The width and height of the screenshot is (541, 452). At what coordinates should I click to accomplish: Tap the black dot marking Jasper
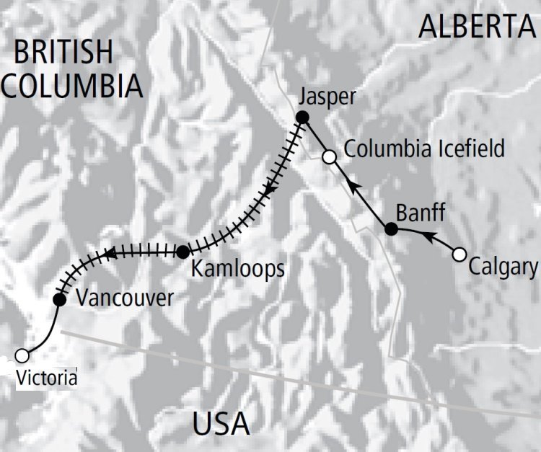(x=303, y=118)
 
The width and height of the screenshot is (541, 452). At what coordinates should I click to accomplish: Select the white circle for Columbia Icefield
(x=330, y=156)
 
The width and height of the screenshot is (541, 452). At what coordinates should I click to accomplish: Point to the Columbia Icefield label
(x=423, y=150)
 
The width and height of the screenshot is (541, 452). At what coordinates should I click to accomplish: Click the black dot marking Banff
(x=391, y=229)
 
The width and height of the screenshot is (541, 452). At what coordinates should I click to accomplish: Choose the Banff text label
(x=421, y=213)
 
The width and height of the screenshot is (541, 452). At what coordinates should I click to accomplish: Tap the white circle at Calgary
(x=459, y=254)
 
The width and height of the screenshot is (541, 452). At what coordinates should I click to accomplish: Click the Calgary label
(x=503, y=267)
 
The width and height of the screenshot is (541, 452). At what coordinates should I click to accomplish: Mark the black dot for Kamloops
(x=183, y=252)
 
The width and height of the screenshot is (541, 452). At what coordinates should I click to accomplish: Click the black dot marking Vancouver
(x=60, y=299)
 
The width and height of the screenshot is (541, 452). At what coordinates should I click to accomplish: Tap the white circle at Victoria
(x=22, y=355)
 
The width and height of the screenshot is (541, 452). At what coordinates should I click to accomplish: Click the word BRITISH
(x=63, y=53)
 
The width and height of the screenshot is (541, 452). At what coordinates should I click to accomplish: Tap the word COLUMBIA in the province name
(x=71, y=85)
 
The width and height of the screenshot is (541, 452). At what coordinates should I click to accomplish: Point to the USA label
(x=221, y=423)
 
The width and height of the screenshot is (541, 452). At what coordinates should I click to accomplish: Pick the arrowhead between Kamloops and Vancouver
(x=110, y=253)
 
